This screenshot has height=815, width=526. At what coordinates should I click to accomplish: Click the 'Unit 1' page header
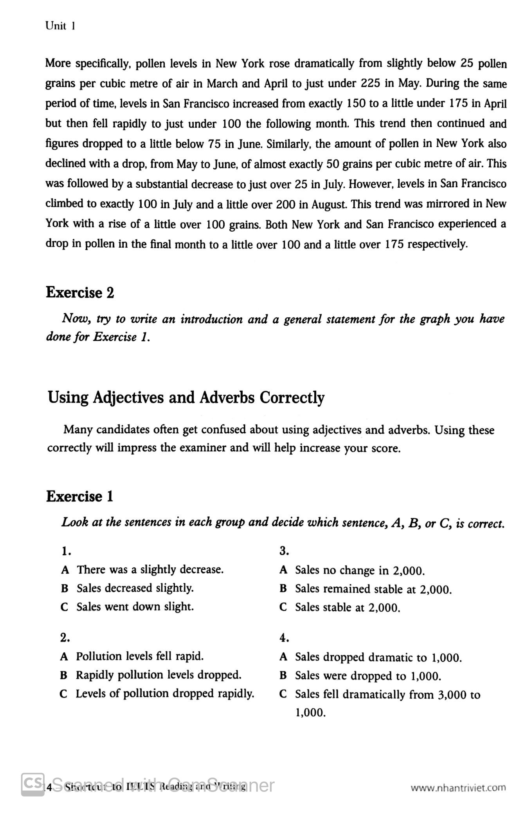60,26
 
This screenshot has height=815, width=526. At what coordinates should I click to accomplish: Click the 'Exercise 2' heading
80,293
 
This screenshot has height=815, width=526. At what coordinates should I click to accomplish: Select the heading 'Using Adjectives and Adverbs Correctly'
186,397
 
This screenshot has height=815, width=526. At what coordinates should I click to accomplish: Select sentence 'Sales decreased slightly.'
135,588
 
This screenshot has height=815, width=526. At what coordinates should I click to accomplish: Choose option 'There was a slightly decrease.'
150,569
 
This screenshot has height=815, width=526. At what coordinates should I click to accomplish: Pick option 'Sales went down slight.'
135,607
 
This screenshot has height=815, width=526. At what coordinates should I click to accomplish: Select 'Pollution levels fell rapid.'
139,656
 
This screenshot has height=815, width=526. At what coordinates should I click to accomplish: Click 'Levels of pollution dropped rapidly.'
165,694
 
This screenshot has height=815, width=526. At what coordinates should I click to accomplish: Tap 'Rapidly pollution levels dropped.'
159,675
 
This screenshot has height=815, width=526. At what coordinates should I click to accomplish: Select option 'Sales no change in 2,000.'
360,570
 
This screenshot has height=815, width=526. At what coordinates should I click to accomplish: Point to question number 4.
284,638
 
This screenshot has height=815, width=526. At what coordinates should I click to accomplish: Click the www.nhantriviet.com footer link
458,787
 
